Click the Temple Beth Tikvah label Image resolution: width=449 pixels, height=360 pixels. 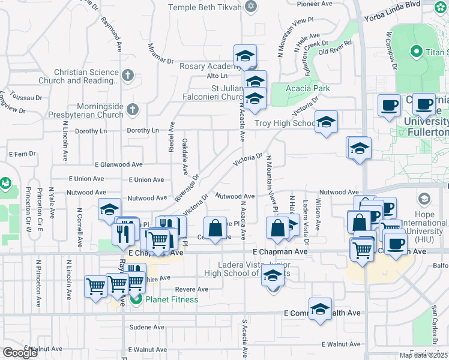(x=205, y=7)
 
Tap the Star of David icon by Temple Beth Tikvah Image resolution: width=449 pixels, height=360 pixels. (x=252, y=7)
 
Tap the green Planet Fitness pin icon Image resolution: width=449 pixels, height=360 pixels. (x=136, y=299)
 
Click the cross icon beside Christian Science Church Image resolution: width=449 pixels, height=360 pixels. (x=127, y=76)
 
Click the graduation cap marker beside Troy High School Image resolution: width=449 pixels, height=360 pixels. (x=326, y=122)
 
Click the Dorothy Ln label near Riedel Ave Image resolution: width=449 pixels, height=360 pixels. (x=142, y=130)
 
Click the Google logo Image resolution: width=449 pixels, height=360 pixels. (x=19, y=353)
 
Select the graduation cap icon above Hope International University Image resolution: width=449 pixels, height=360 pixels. (x=424, y=199)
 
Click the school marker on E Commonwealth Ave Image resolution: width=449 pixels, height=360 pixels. (x=320, y=310)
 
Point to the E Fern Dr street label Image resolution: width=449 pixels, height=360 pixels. (x=24, y=154)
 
